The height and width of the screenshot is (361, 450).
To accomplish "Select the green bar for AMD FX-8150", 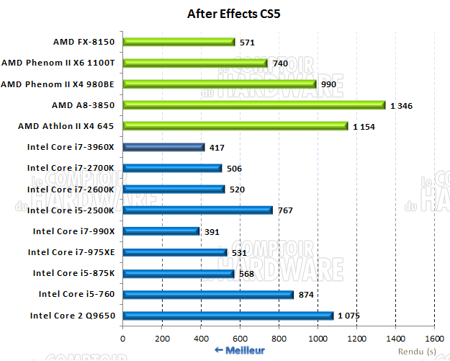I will point(179,42).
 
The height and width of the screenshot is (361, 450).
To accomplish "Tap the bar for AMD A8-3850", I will point(254,105).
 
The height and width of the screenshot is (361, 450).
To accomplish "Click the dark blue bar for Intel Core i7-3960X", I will point(164,147).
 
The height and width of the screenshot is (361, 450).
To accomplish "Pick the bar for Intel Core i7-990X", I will point(161,231).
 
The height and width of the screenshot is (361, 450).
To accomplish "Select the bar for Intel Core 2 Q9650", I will point(228,316).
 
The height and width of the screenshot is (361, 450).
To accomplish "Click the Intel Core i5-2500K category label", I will point(72,210).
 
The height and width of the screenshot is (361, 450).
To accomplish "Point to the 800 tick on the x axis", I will point(279,338).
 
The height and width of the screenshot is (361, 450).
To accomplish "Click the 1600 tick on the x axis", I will point(434,338).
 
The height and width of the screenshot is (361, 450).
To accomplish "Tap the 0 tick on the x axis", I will point(123,338).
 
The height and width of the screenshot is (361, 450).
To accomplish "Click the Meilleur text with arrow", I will point(240,350).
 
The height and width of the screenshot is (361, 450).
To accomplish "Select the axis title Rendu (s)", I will point(420,352).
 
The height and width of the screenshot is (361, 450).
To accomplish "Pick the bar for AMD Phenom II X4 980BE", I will point(220,84).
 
